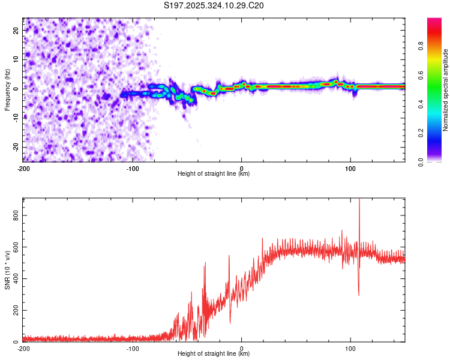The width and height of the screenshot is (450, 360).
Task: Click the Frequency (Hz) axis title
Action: click(7, 89)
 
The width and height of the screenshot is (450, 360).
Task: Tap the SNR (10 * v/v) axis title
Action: click(7, 270)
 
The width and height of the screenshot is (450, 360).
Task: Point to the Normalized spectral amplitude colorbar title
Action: click(445, 90)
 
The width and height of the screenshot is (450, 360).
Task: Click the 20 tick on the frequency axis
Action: click(17, 29)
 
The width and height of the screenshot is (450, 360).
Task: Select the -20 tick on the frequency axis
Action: click(16, 147)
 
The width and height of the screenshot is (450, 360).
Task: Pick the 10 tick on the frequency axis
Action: click(17, 59)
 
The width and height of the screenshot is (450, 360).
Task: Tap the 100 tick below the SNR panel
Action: click(351, 348)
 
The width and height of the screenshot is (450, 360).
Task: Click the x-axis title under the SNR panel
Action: click(214, 354)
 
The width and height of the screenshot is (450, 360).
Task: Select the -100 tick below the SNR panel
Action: click(132, 348)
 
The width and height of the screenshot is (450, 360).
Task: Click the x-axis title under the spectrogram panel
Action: click(214, 173)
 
